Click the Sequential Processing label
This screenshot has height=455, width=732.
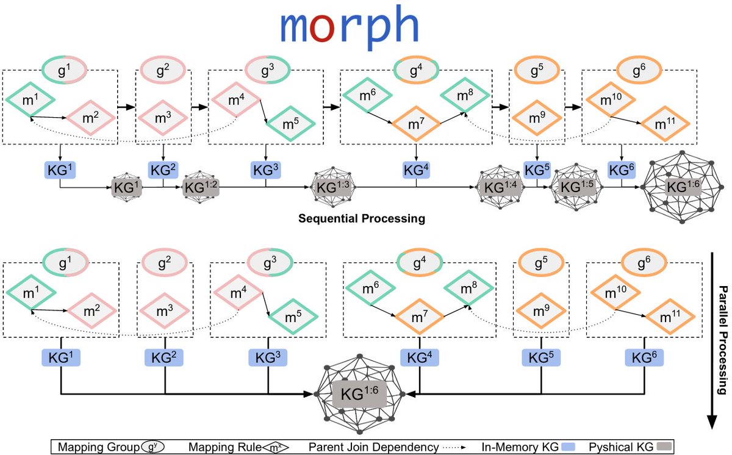[x=361, y=218]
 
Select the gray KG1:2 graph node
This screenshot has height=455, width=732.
[x=200, y=187]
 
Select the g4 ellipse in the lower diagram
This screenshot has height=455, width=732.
[x=416, y=265]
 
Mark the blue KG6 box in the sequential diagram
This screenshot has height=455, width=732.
[x=622, y=170]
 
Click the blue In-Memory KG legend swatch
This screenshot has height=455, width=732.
[x=571, y=447]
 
